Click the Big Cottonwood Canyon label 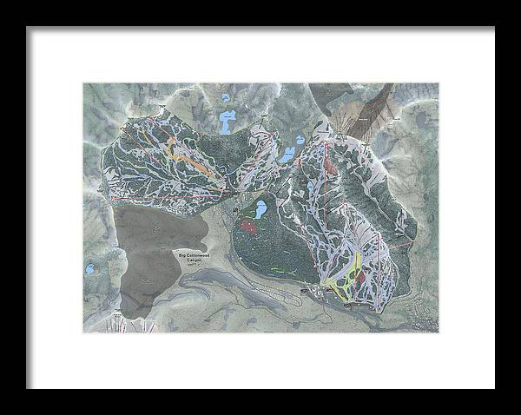tap(195, 258)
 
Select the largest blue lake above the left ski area tap(228, 122)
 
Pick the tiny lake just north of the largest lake tap(227, 97)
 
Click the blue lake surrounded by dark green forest tap(259, 208)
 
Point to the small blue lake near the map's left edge tap(89, 270)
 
